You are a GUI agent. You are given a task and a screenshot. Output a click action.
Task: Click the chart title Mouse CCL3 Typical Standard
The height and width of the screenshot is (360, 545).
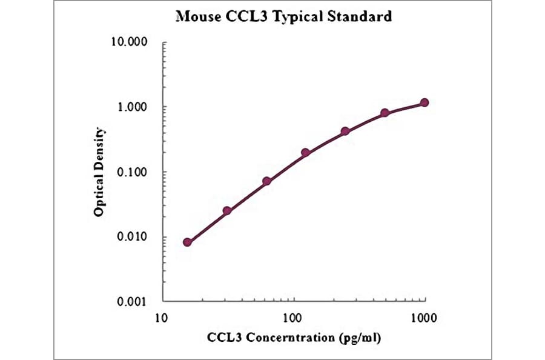pyautogui.click(x=283, y=16)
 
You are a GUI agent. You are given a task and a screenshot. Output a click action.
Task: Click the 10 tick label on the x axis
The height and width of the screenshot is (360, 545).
pyautogui.click(x=162, y=317)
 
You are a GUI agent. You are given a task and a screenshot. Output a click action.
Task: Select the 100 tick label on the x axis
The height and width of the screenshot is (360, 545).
pyautogui.click(x=293, y=317)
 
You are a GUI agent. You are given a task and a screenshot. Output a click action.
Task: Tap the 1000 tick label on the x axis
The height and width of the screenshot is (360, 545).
pyautogui.click(x=424, y=317)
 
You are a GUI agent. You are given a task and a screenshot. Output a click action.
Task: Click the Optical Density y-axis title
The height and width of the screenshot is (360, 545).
pyautogui.click(x=99, y=172)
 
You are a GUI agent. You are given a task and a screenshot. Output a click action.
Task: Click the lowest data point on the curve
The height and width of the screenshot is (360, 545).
pyautogui.click(x=187, y=242)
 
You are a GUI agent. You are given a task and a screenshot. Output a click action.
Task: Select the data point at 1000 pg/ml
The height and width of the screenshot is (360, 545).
pyautogui.click(x=424, y=102)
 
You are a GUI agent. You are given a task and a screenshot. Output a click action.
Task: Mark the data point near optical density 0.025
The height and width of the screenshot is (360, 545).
pyautogui.click(x=227, y=211)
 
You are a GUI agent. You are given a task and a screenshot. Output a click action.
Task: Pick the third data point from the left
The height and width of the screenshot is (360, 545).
pyautogui.click(x=266, y=181)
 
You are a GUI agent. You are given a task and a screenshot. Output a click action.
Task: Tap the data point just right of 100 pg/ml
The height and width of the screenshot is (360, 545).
pyautogui.click(x=306, y=153)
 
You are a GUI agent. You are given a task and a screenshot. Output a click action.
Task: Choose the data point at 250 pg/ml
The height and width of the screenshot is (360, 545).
pyautogui.click(x=345, y=131)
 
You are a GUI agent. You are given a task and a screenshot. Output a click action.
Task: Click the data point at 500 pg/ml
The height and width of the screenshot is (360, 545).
pyautogui.click(x=385, y=113)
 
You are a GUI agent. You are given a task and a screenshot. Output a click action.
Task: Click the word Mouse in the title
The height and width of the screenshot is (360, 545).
pyautogui.click(x=196, y=16)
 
